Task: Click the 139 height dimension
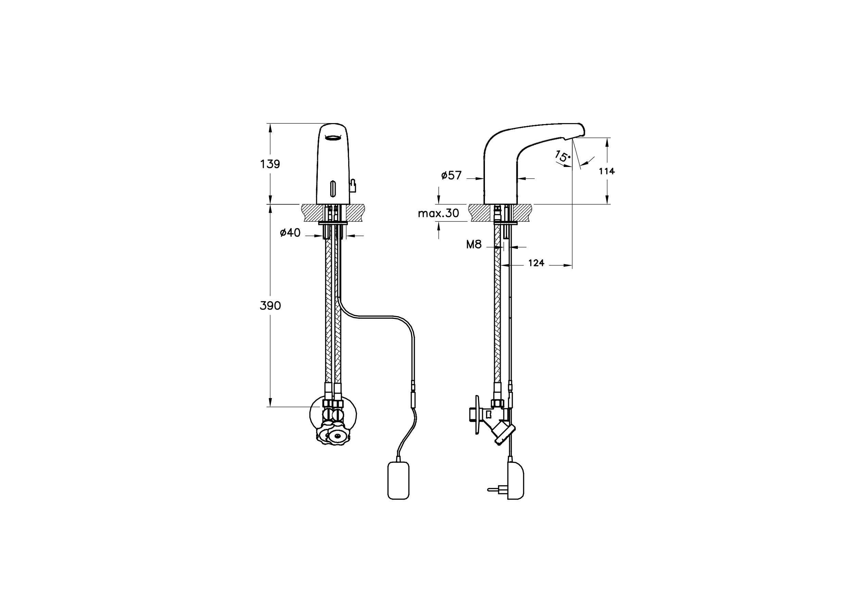(x=270, y=164)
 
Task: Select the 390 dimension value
(x=270, y=306)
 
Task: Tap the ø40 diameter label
(x=290, y=233)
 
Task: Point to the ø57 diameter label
(x=451, y=176)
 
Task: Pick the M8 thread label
(x=474, y=245)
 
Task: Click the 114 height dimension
(x=607, y=171)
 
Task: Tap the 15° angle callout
(x=561, y=157)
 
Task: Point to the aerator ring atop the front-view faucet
(x=333, y=138)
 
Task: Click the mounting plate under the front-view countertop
(x=333, y=223)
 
